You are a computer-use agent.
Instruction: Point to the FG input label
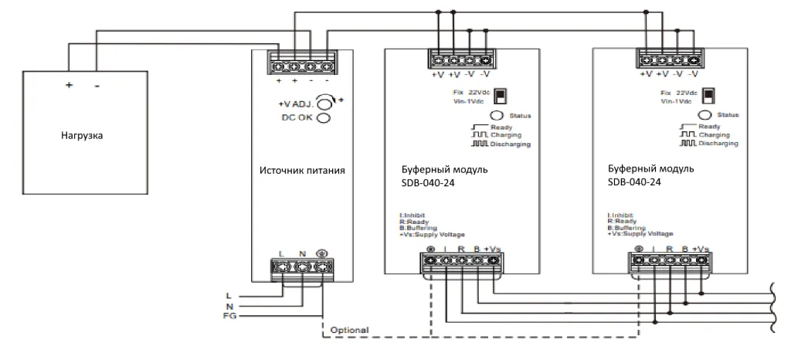(229, 317)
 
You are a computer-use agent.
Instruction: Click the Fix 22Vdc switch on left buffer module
(501, 95)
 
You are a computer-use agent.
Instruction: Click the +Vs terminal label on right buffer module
(701, 248)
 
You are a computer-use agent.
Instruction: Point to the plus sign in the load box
(68, 86)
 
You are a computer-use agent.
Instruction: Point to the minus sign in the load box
(97, 86)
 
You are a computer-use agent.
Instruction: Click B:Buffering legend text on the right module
(625, 228)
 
